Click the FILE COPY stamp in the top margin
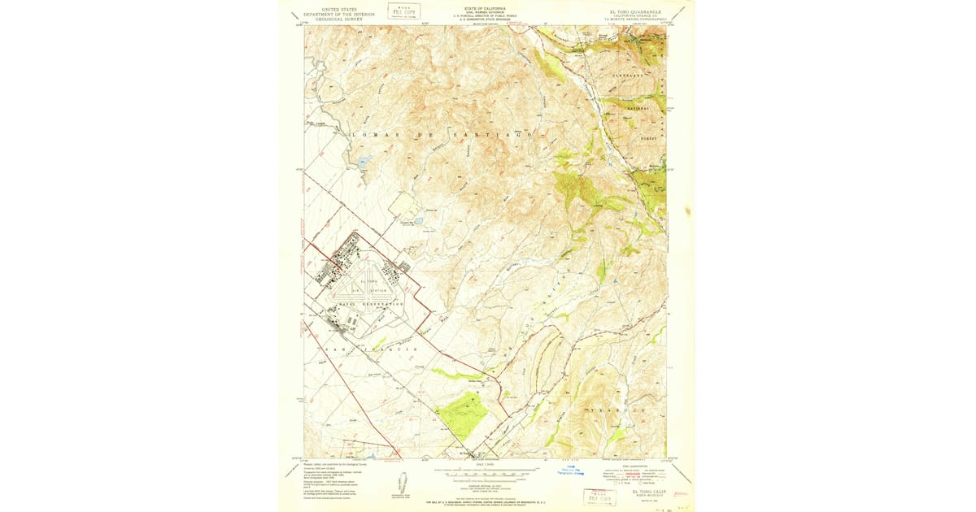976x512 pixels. tap(404, 11)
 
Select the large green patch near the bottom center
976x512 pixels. tap(462, 412)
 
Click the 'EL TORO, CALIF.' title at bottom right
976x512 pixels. tap(648, 492)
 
